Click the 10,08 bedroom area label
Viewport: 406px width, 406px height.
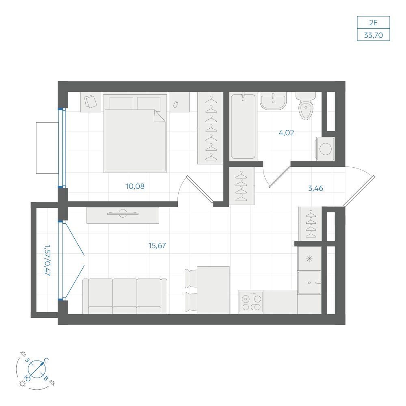tap(135, 186)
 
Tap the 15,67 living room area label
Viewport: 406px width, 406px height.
tap(157, 245)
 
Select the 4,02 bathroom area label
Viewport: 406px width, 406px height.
tap(286, 133)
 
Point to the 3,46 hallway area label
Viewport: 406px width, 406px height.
tap(315, 188)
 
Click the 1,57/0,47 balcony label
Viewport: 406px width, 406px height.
tap(48, 260)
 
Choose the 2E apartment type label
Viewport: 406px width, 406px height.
tap(374, 22)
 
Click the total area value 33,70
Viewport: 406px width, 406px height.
tap(374, 35)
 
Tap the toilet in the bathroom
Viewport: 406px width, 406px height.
tap(306, 106)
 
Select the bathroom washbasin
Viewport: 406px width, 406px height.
tap(273, 100)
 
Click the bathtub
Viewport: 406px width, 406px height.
tap(243, 126)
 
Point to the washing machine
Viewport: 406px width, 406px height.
tap(325, 149)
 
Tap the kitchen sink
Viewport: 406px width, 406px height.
tap(309, 283)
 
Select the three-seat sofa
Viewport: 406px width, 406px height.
tap(125, 296)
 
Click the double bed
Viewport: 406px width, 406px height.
tap(135, 132)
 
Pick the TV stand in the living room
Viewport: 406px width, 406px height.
tap(123, 215)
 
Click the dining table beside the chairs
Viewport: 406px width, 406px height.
tap(213, 290)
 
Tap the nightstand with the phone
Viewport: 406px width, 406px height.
tap(179, 102)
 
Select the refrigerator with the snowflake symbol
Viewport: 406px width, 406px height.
tap(309, 258)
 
